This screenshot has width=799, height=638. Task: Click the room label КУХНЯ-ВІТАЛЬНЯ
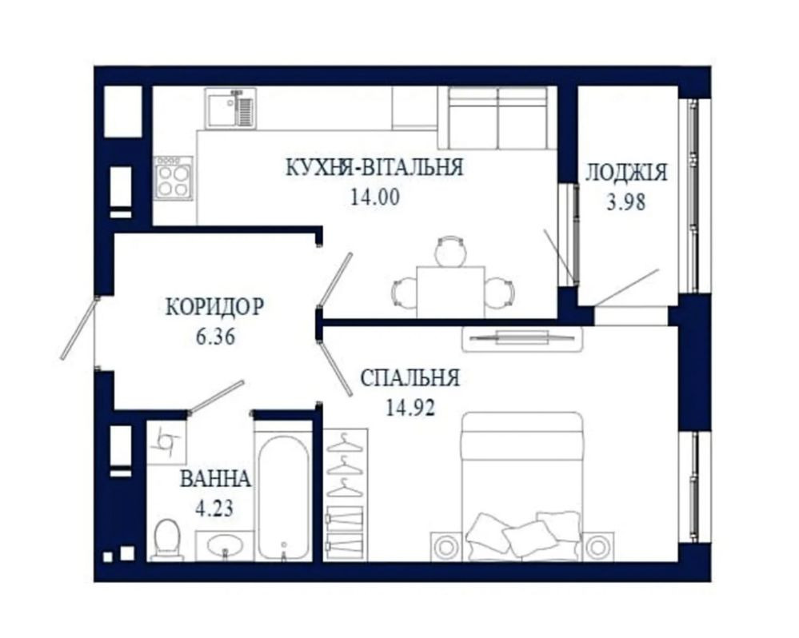pos(374,168)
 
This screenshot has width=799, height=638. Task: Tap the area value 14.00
pos(375,197)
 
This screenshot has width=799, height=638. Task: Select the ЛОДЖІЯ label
pos(626,173)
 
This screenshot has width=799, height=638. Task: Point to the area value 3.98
pos(626,202)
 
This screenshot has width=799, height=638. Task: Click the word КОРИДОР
pos(215,307)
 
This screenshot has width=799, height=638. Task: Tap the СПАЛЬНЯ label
pos(410,378)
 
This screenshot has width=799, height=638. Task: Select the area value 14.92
pos(410,407)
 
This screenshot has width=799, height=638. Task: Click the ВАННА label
pos(216,479)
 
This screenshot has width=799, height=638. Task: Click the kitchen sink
pos(230,108)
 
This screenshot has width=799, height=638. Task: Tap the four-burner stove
pos(174,180)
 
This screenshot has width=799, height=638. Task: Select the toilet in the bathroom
pos(167,540)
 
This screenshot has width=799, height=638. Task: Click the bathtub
pos(283,496)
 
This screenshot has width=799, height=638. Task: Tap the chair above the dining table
pos(450,251)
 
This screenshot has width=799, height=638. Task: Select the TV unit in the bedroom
pos(521,339)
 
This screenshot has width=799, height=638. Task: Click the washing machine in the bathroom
pos(166,441)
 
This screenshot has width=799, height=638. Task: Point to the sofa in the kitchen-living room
pos(497,118)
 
